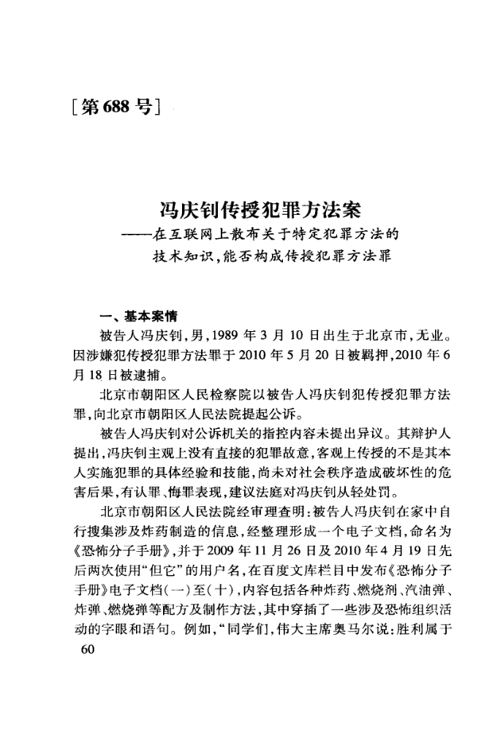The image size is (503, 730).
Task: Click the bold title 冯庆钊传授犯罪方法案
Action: coord(261,212)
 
